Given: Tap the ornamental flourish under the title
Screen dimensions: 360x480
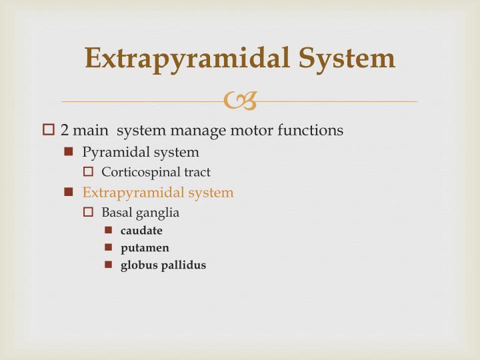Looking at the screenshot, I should tap(239, 101).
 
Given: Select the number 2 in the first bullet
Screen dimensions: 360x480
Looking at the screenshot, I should tap(65, 130).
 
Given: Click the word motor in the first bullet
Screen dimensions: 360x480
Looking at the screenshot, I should tap(248, 130).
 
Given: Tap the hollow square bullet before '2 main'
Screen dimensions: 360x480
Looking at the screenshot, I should tap(48, 130).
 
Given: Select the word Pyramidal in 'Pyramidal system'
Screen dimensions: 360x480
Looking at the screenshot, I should tap(111, 152).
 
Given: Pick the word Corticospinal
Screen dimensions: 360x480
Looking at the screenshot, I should tap(137, 172).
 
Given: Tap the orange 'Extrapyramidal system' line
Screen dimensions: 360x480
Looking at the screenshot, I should tap(158, 193).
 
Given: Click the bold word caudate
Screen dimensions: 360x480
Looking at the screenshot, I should tap(141, 231).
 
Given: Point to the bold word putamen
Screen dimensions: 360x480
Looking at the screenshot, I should tap(145, 248).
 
